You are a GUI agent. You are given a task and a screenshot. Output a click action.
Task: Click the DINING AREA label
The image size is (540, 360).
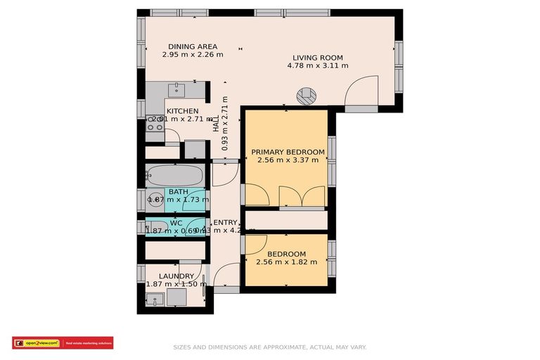(192, 46)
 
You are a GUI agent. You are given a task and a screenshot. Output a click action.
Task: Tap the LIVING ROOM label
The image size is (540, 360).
(317, 58)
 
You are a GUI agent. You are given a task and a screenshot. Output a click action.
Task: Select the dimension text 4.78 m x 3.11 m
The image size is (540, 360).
(317, 66)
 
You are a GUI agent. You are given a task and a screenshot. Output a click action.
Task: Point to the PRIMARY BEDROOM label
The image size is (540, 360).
(288, 152)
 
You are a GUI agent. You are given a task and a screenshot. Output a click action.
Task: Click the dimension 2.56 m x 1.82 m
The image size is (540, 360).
(287, 262)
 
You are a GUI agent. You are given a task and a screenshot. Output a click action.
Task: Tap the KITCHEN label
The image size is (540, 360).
(182, 111)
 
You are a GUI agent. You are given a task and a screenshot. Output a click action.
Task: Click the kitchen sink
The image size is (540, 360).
(177, 89)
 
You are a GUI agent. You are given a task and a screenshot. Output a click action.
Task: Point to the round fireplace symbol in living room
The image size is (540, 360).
(307, 97)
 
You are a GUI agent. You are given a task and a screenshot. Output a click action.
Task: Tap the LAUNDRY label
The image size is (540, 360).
(176, 276)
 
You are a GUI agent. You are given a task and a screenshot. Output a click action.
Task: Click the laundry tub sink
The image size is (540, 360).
(156, 298)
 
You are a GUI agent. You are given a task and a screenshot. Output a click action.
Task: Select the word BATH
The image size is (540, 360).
(177, 191)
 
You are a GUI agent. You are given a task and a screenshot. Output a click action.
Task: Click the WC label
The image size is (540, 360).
(176, 223)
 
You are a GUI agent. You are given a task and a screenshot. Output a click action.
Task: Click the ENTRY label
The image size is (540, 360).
(225, 223)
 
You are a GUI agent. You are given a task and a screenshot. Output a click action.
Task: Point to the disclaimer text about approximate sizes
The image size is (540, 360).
(269, 347)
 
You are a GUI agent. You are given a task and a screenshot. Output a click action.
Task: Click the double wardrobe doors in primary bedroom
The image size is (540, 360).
(302, 196)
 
